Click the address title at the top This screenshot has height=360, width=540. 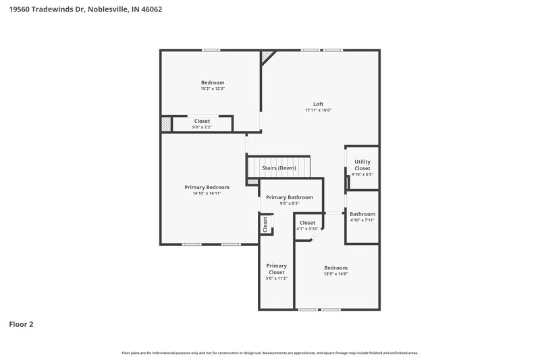point(85,9)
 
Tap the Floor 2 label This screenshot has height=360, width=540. point(21,324)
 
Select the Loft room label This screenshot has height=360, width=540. point(318,104)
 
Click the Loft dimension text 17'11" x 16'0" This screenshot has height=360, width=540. point(318,110)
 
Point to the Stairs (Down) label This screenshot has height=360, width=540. point(279,168)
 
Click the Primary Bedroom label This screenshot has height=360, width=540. point(207,187)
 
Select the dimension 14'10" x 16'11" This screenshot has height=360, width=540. point(207,193)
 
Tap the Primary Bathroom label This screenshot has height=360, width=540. point(290,197)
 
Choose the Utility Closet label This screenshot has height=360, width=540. point(362,165)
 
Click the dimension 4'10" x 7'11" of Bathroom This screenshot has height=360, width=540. point(362,220)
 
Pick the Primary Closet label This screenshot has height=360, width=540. point(276,269)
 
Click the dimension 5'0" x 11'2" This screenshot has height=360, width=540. point(276,278)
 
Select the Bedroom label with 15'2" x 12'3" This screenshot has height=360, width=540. point(212,82)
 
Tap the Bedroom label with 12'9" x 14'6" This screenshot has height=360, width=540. point(335,267)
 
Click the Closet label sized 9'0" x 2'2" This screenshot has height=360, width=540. point(202,121)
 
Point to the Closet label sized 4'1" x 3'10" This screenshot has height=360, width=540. point(307,222)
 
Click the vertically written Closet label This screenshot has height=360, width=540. point(265,224)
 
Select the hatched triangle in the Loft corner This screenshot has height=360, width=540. point(268,56)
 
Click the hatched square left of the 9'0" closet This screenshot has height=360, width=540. point(166,124)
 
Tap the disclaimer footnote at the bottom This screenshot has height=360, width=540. point(270,353)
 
